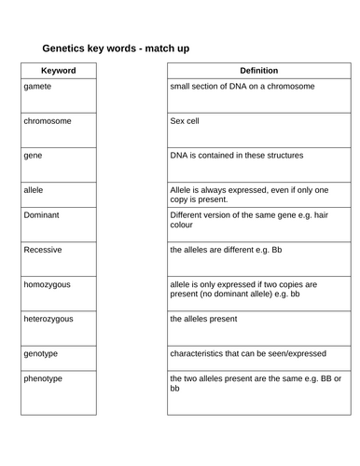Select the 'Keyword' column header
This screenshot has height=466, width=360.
59,71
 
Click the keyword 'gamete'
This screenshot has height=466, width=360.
38,86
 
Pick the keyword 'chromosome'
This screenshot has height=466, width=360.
48,121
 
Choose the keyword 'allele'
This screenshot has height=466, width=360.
35,190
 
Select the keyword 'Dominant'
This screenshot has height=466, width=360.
42,214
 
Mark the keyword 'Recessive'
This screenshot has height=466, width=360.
43,249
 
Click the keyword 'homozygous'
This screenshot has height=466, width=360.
48,283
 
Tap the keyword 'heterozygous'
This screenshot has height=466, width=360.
48,319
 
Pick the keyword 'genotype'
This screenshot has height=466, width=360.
42,354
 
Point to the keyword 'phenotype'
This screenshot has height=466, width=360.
44,378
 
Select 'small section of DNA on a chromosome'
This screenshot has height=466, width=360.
242,86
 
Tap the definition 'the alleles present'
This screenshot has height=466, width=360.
203,319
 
